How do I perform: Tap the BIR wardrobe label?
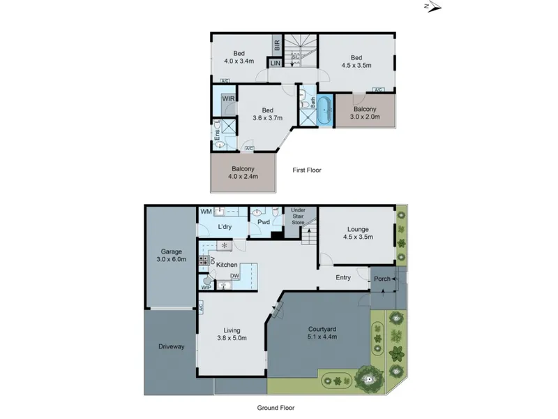click(x=277, y=45)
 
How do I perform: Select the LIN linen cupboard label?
click(x=276, y=63)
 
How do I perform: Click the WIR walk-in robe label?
click(x=228, y=98)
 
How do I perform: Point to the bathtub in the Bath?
click(x=324, y=110)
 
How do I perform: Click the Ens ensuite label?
click(x=217, y=135)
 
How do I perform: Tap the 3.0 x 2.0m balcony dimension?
click(x=365, y=117)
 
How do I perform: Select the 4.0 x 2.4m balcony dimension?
click(x=243, y=176)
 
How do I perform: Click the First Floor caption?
click(x=307, y=170)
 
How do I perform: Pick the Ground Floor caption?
click(x=276, y=408)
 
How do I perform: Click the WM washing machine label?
click(x=206, y=212)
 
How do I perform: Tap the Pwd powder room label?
click(x=264, y=222)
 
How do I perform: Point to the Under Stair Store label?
click(x=299, y=216)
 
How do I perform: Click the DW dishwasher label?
click(x=234, y=276)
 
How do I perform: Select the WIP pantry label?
click(x=206, y=287)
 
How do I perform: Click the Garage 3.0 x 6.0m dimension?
click(x=171, y=259)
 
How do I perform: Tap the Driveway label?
click(x=171, y=346)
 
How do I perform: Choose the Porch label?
click(x=382, y=279)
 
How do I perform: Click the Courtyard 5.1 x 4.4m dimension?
click(x=322, y=337)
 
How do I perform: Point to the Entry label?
click(x=343, y=277)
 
